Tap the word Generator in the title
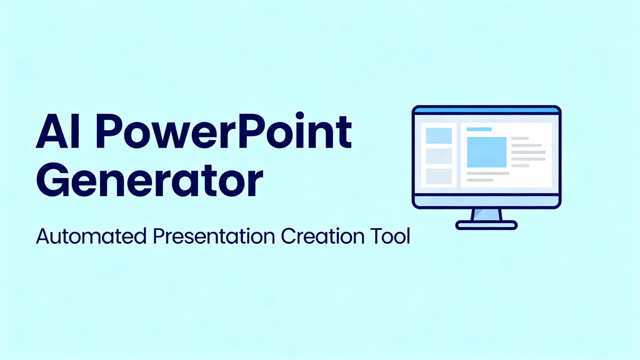click(149, 179)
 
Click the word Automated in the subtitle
click(91, 236)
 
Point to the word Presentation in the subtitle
click(214, 236)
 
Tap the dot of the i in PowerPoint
click(299, 116)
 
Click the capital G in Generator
click(52, 179)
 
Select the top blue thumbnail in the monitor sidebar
click(439, 136)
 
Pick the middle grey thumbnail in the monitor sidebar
click(439, 156)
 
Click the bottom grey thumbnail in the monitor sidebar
click(439, 176)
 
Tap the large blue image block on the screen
click(486, 152)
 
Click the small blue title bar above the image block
click(479, 129)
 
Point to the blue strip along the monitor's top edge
click(486, 110)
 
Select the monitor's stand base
click(486, 225)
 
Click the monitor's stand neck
click(486, 215)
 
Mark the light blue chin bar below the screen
click(486, 201)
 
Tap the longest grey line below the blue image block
click(488, 174)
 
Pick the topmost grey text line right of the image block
click(520, 138)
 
